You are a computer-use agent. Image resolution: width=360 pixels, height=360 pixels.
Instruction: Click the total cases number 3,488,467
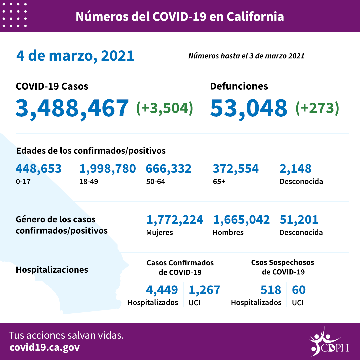pyautogui.click(x=72, y=108)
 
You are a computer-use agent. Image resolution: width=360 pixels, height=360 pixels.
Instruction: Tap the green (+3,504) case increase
pyautogui.click(x=165, y=108)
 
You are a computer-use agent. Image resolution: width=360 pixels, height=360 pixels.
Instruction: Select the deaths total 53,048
pyautogui.click(x=248, y=108)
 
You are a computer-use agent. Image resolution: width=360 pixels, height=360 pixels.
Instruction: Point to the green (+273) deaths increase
pyautogui.click(x=317, y=108)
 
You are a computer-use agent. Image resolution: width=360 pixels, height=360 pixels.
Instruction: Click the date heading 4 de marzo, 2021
pyautogui.click(x=75, y=56)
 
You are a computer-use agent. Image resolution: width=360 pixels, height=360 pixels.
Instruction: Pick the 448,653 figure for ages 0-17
pyautogui.click(x=39, y=169)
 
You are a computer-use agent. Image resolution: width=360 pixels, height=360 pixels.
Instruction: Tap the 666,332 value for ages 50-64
pyautogui.click(x=169, y=169)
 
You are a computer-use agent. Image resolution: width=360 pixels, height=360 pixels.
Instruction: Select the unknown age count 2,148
pyautogui.click(x=295, y=169)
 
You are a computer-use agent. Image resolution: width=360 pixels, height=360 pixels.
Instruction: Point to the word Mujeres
pyautogui.click(x=160, y=233)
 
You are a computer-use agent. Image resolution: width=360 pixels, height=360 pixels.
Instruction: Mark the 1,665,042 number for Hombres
pyautogui.click(x=241, y=220)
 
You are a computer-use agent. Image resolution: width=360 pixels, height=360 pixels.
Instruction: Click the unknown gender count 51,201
pyautogui.click(x=299, y=220)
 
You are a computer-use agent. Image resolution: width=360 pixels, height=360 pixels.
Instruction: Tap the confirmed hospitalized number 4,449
pyautogui.click(x=162, y=290)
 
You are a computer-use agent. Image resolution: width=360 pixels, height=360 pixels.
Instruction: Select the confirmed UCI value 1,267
pyautogui.click(x=204, y=290)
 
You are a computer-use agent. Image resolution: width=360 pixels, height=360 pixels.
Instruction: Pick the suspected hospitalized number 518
pyautogui.click(x=271, y=290)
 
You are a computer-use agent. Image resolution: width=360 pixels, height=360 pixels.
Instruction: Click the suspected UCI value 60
pyautogui.click(x=299, y=290)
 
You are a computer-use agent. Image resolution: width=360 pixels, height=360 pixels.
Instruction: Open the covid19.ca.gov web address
pyautogui.click(x=45, y=347)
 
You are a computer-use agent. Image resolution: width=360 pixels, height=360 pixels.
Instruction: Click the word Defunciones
pyautogui.click(x=239, y=86)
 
